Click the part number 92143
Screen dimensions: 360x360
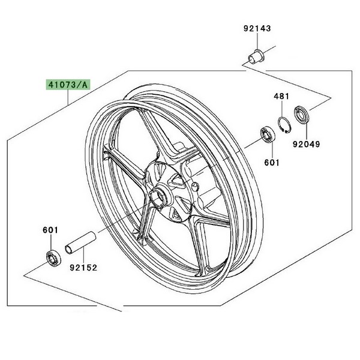pyautogui.click(x=257, y=28)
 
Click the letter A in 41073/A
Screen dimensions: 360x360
pyautogui.click(x=84, y=85)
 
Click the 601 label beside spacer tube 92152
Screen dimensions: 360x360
pyautogui.click(x=50, y=230)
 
